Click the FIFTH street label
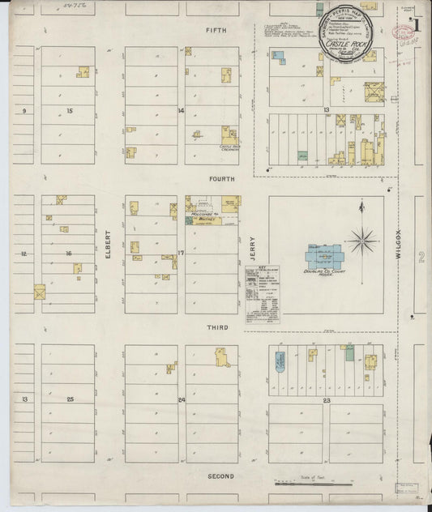tap(215, 30)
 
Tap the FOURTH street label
tap(220, 179)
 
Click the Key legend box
tap(263, 290)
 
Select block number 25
tap(71, 400)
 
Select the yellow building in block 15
tap(83, 72)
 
